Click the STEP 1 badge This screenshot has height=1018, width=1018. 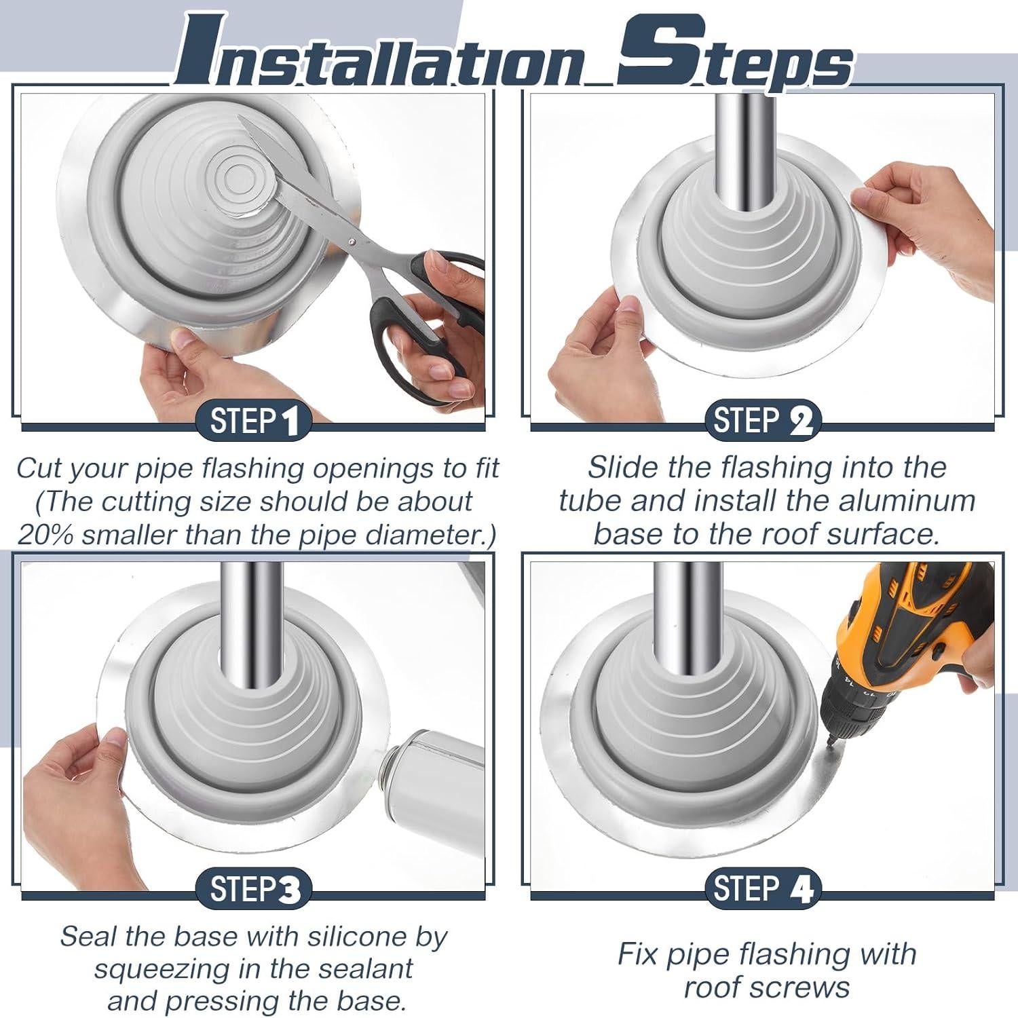click(x=253, y=421)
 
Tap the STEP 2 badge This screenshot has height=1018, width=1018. click(x=763, y=421)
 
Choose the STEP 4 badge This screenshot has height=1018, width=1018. click(x=763, y=889)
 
